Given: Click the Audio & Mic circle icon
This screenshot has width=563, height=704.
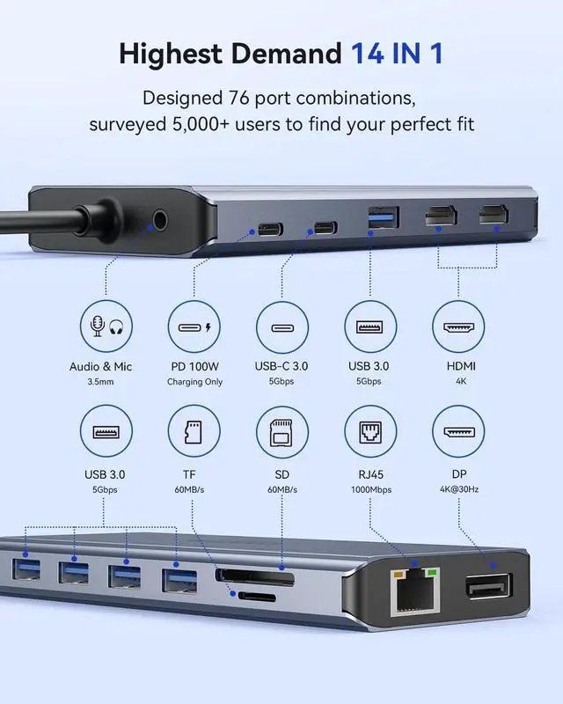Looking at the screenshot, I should click(x=106, y=327).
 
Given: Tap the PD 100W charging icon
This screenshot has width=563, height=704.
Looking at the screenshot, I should click(x=194, y=327).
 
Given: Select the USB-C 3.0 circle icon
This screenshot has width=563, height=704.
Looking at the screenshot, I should click(x=282, y=327).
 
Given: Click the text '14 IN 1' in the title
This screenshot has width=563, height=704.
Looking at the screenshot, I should click(x=397, y=54).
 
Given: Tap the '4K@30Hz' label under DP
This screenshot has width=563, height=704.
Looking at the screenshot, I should click(x=458, y=489).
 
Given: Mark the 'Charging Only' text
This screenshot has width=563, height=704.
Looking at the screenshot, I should click(x=194, y=382).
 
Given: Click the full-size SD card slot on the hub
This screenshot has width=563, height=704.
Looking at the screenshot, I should click(x=255, y=579).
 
